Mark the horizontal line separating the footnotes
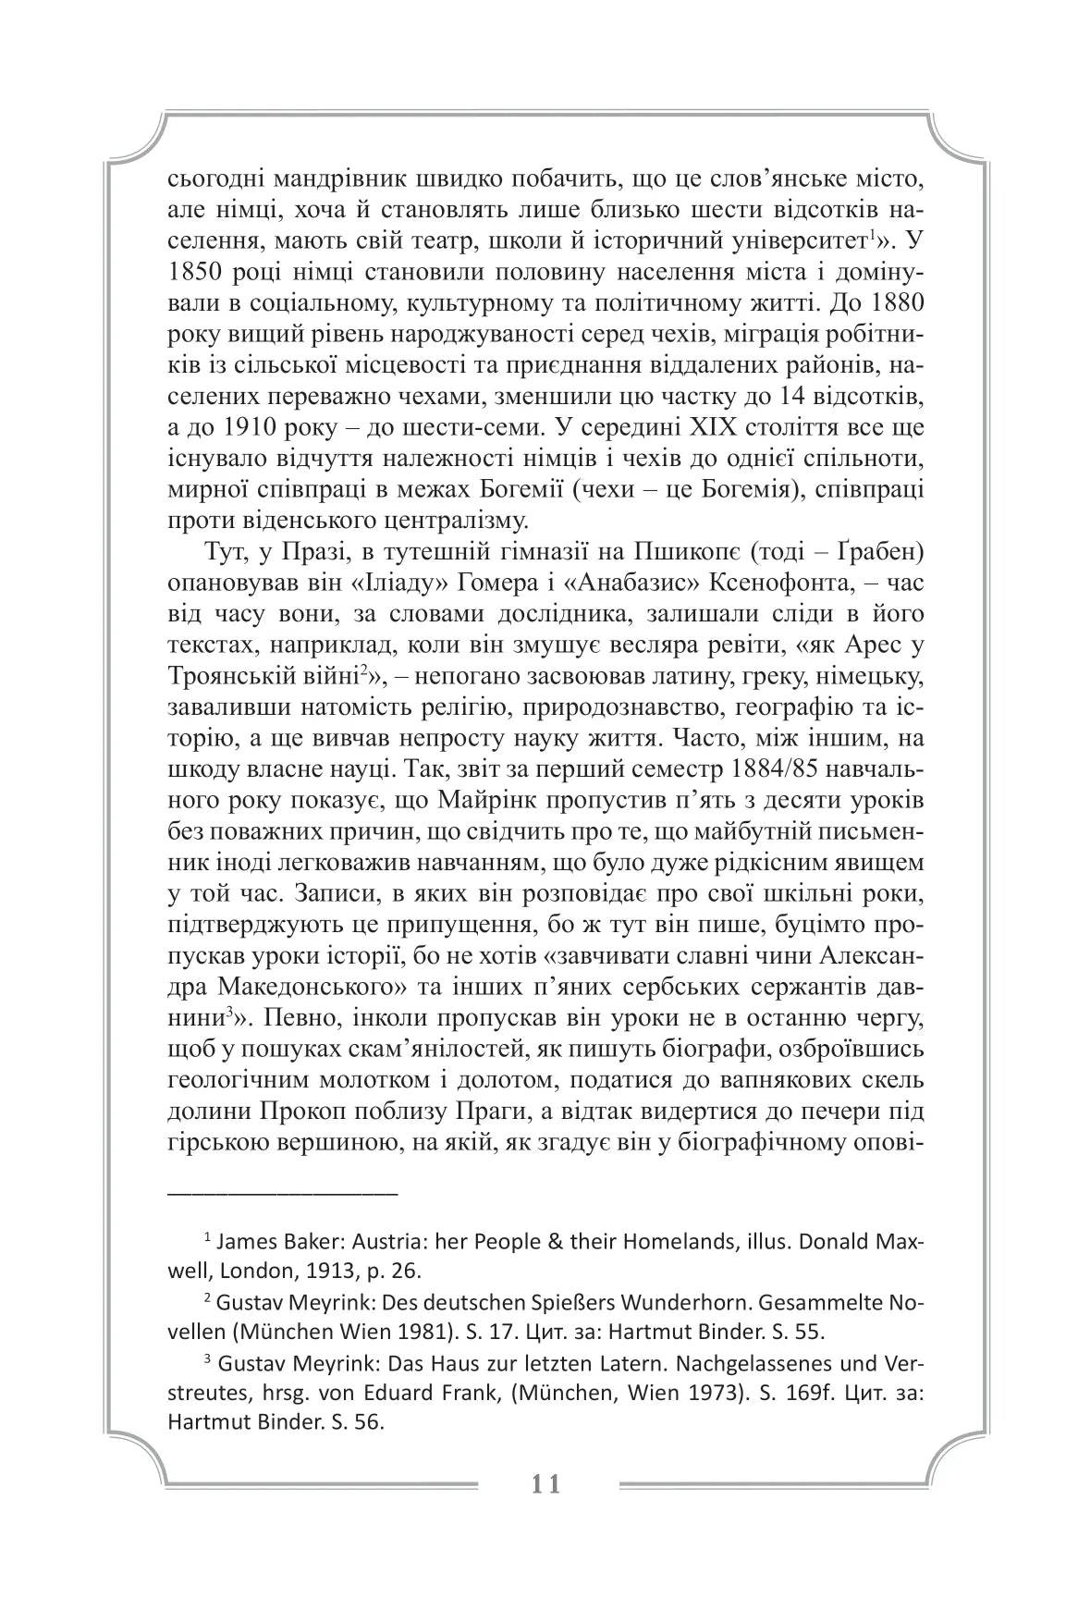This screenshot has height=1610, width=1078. (282, 1192)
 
